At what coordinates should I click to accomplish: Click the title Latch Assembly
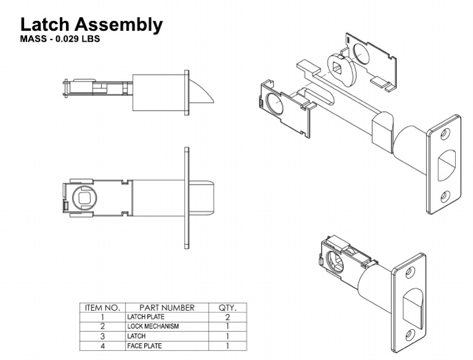pyautogui.click(x=91, y=25)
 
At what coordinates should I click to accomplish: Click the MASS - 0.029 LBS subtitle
pyautogui.click(x=60, y=39)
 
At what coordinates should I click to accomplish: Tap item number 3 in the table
pyautogui.click(x=102, y=336)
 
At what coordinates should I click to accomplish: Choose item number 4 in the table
pyautogui.click(x=102, y=346)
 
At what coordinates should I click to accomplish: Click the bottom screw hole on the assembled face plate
pyautogui.click(x=408, y=334)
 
